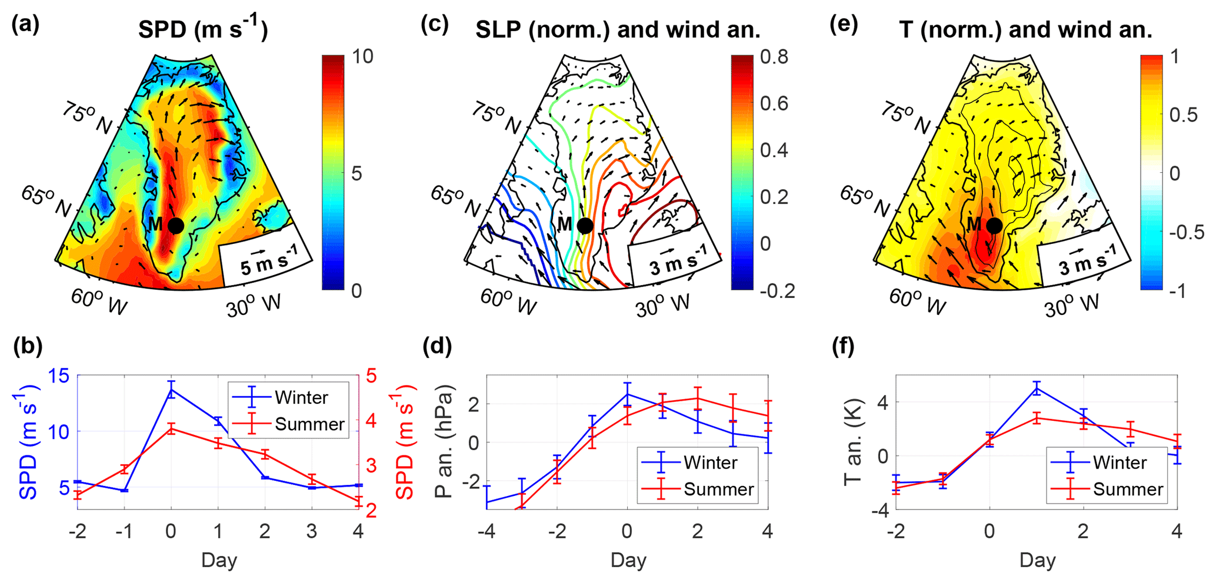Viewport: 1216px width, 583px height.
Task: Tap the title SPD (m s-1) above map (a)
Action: click(202, 29)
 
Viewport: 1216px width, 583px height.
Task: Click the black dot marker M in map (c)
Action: click(585, 225)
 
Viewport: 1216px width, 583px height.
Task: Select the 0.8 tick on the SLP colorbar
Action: click(774, 57)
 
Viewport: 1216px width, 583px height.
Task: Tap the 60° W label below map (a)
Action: click(99, 301)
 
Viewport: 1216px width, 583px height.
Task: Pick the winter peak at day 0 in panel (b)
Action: click(171, 389)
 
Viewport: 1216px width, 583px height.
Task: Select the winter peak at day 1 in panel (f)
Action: click(1037, 388)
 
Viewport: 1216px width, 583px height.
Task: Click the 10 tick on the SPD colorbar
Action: click(363, 56)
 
